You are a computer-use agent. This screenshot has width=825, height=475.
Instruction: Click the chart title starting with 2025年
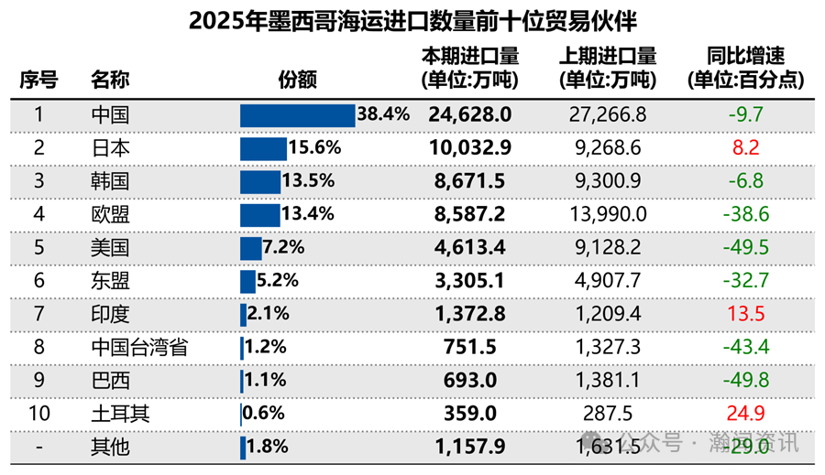click(x=412, y=21)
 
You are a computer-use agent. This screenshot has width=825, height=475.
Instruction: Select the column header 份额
click(x=298, y=80)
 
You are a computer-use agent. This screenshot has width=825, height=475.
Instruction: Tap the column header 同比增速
click(x=745, y=69)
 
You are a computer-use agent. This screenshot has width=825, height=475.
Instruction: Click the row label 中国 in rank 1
click(x=110, y=115)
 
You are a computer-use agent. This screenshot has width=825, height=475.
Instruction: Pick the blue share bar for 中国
click(x=297, y=115)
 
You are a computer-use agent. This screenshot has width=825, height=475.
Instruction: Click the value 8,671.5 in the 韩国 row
click(x=469, y=181)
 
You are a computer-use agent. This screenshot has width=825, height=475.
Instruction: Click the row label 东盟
click(x=110, y=281)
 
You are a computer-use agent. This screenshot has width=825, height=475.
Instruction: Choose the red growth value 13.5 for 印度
click(x=745, y=314)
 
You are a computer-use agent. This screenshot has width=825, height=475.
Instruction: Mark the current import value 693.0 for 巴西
click(x=469, y=381)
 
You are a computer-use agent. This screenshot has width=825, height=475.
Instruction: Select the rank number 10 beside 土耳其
click(x=38, y=414)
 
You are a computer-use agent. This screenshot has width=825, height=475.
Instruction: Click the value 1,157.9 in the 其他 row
click(x=469, y=447)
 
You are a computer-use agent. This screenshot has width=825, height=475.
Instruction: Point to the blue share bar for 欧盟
click(x=259, y=214)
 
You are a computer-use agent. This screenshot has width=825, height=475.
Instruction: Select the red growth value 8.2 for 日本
click(x=745, y=148)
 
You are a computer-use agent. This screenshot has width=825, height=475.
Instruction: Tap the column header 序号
click(x=38, y=80)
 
